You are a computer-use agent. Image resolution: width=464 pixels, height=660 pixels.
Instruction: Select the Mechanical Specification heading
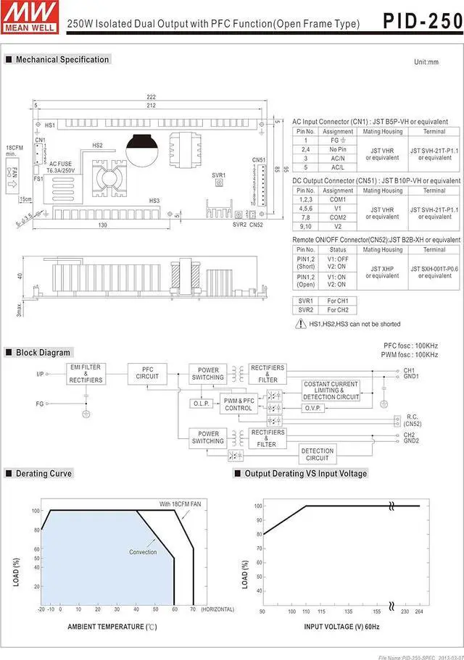62,59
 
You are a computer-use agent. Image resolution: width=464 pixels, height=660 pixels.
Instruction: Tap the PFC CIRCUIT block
147,373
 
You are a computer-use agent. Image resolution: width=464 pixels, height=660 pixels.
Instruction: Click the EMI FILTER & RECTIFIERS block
86,374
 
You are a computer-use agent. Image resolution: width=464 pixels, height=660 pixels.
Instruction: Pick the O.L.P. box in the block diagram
201,403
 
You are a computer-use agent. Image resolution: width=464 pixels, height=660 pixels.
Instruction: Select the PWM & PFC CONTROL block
239,404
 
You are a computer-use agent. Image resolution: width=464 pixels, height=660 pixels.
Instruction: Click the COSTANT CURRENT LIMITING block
331,390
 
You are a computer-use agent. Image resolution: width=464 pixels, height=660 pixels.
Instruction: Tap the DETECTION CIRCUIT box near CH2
317,454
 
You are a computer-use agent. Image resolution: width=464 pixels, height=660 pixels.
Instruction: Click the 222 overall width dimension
151,97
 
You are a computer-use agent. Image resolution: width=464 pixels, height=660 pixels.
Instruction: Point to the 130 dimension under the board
103,225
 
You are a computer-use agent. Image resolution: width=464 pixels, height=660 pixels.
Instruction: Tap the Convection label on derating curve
143,552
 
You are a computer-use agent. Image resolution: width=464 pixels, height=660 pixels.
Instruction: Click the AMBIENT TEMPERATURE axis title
112,626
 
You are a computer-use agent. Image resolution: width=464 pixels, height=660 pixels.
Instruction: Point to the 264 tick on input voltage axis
420,611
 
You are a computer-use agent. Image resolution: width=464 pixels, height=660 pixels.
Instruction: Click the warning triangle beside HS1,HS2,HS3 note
300,324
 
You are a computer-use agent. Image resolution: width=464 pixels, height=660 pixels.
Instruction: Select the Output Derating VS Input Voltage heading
305,473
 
